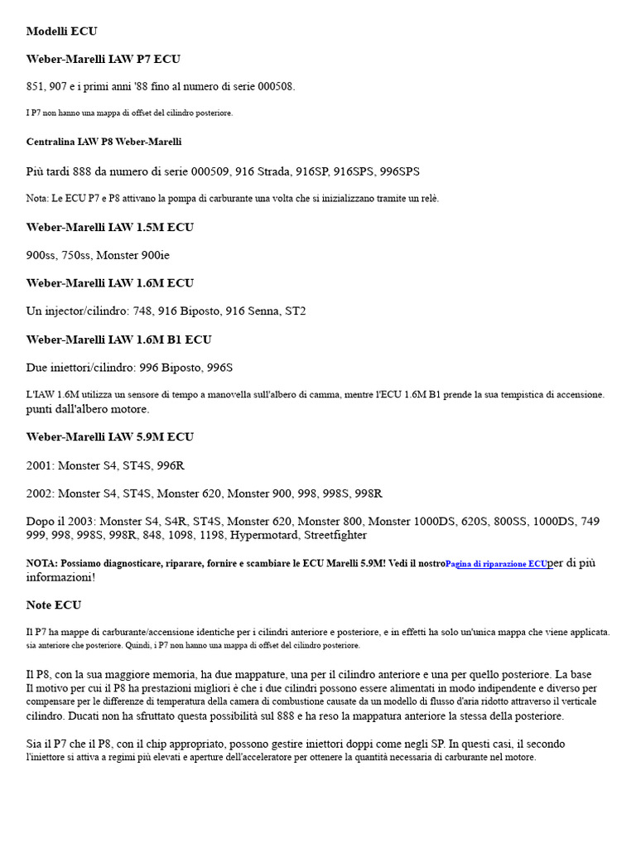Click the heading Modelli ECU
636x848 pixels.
[61, 31]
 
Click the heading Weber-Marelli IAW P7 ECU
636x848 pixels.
[103, 60]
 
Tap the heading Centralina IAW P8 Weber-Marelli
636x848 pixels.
[104, 142]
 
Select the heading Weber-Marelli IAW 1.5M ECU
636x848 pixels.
[109, 228]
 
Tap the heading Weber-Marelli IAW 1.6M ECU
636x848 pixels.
[109, 283]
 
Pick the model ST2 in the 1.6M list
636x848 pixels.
[295, 311]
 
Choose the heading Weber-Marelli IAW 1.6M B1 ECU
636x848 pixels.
[118, 340]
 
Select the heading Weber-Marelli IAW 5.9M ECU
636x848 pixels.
[109, 437]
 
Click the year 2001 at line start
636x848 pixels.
[39, 465]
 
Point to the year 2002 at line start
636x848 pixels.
[39, 494]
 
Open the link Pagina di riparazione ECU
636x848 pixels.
[496, 564]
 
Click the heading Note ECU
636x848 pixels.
[54, 605]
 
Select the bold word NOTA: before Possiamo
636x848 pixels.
[42, 564]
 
